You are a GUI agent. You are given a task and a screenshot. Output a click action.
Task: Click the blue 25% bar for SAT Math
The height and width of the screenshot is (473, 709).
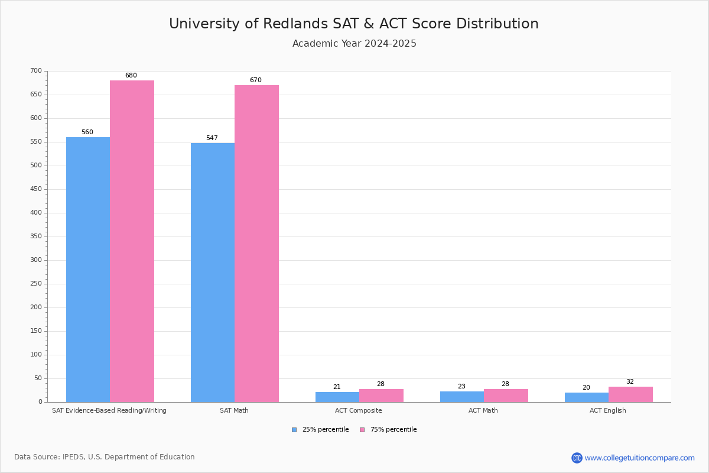[213, 272]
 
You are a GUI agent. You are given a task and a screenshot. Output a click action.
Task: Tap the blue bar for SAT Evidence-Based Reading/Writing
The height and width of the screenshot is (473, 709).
[88, 270]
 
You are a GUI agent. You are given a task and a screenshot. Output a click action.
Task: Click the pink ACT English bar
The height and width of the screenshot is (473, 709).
[630, 394]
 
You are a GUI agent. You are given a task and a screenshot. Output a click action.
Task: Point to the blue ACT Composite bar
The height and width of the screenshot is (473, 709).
[337, 397]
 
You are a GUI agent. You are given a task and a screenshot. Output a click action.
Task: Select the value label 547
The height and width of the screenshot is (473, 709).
[212, 138]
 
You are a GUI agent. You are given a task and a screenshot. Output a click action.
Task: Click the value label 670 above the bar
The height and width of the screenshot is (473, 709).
[255, 80]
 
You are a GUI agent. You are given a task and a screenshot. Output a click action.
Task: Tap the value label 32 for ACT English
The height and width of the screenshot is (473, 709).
[630, 382]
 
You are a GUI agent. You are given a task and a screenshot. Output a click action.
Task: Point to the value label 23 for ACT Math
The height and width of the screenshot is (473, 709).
[461, 387]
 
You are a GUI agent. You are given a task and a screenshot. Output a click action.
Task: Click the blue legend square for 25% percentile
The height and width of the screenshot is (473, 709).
[294, 430]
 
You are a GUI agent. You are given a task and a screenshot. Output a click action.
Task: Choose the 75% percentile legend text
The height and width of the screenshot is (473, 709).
[393, 430]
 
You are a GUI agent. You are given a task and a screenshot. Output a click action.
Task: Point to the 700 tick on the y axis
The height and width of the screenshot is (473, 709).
[36, 71]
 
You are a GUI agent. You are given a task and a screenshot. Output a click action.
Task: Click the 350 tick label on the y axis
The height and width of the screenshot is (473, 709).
[36, 237]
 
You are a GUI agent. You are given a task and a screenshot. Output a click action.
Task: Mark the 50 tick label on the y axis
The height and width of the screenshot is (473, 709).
[38, 378]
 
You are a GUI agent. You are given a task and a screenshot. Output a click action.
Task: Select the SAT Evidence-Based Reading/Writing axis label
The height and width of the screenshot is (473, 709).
[109, 410]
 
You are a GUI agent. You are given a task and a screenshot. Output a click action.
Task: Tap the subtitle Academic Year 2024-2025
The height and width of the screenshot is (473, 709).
[354, 44]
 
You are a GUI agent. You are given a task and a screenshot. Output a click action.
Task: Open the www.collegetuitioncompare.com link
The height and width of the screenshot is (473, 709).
[639, 458]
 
